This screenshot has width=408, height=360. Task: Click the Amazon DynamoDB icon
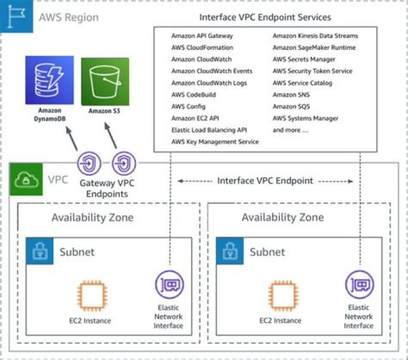click(x=49, y=79)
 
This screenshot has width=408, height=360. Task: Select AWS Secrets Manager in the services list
click(x=304, y=60)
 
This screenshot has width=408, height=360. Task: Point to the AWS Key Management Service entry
click(x=215, y=142)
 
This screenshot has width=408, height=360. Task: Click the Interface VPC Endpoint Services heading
click(x=265, y=18)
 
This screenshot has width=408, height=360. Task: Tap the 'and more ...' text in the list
click(x=290, y=130)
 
